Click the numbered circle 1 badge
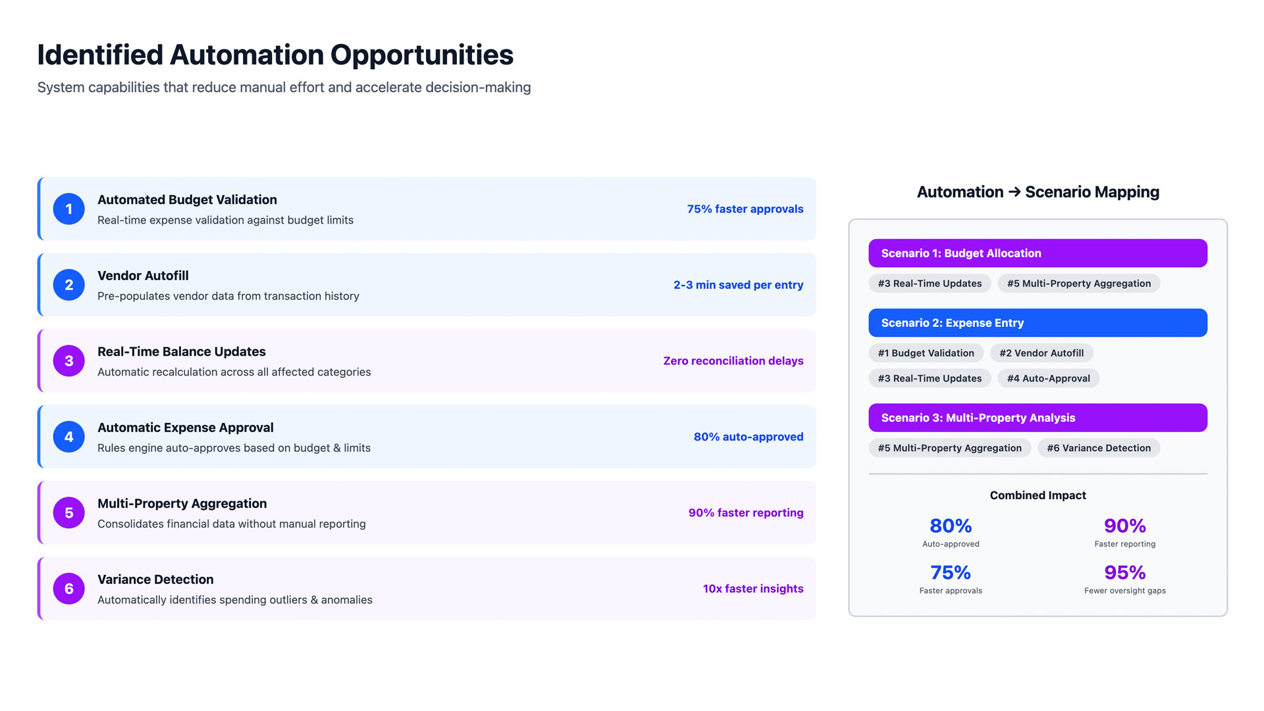[x=68, y=209]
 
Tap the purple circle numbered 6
[x=68, y=589]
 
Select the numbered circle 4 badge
[x=68, y=437]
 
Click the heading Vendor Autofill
[x=143, y=276]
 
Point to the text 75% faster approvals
[x=745, y=209]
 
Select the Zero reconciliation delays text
[x=733, y=361]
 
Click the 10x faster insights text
[x=752, y=589]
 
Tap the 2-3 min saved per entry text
[x=738, y=285]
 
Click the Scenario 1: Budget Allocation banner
[x=1037, y=253]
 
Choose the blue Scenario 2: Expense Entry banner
[x=1037, y=323]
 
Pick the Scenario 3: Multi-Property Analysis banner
[x=1037, y=418]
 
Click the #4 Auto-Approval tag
[x=1048, y=378]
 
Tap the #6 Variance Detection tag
[x=1098, y=448]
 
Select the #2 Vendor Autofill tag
[x=1041, y=353]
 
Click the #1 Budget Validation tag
[x=926, y=353]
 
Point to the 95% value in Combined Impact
[x=1124, y=572]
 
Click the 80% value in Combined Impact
[x=950, y=526]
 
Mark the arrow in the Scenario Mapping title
[x=1014, y=192]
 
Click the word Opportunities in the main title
[x=421, y=55]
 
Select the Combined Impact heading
[x=1038, y=495]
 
